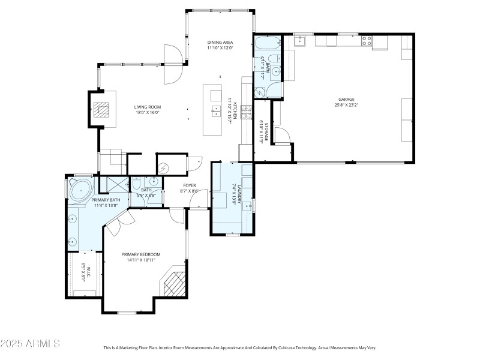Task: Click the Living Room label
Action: pyautogui.click(x=147, y=107)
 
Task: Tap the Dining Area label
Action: pyautogui.click(x=220, y=42)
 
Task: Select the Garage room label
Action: pyautogui.click(x=346, y=100)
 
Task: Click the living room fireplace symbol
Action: pyautogui.click(x=102, y=109)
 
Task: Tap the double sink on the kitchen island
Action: pyautogui.click(x=215, y=110)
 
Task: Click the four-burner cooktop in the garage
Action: pyautogui.click(x=367, y=41)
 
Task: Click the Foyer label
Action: pyautogui.click(x=190, y=185)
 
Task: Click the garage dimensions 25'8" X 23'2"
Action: pyautogui.click(x=346, y=105)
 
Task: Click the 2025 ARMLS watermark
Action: pyautogui.click(x=30, y=344)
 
